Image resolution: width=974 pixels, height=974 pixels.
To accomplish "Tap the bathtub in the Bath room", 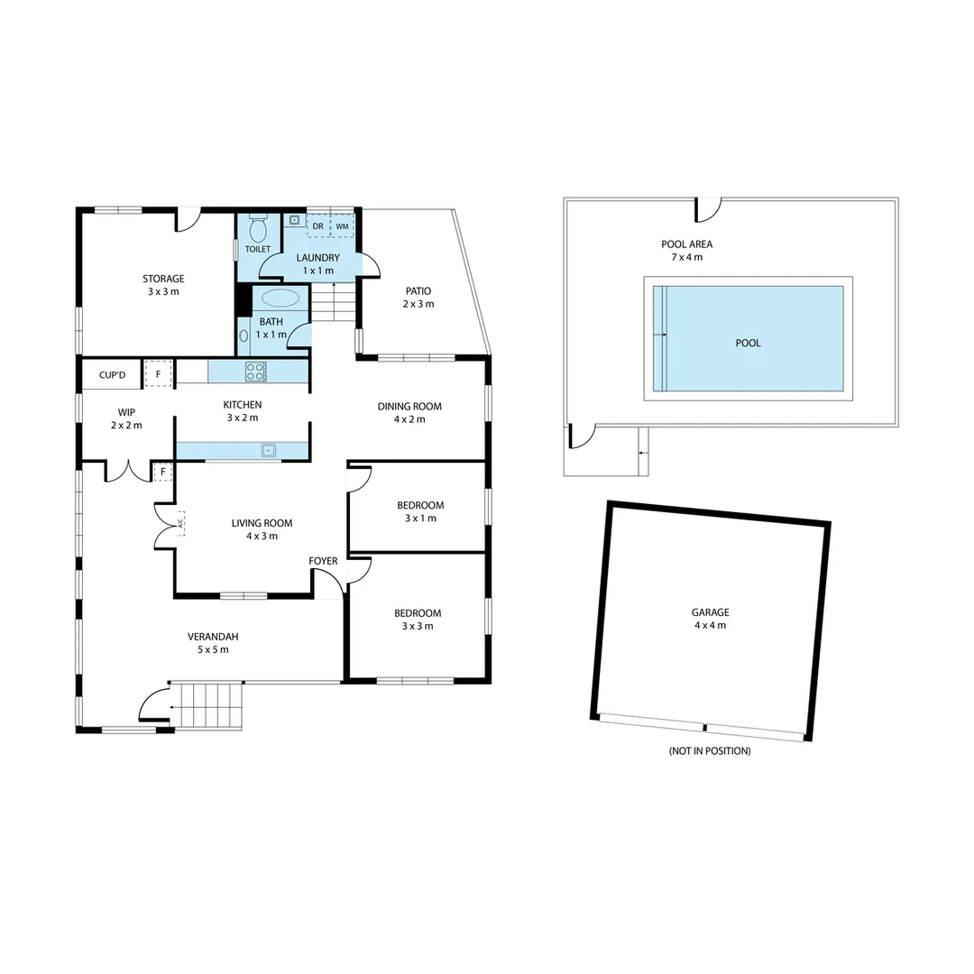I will pyautogui.click(x=281, y=299).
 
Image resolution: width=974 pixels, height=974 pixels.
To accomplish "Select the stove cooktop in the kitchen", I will pyautogui.click(x=255, y=371).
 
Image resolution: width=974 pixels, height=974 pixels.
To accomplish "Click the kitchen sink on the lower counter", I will pyautogui.click(x=267, y=450).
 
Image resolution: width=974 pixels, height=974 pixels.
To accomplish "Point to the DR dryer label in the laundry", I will pyautogui.click(x=318, y=226).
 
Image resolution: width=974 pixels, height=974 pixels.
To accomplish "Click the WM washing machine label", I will pyautogui.click(x=342, y=226).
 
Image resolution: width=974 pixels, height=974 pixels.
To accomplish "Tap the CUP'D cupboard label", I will pyautogui.click(x=113, y=374).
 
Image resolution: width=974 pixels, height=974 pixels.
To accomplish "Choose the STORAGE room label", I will pyautogui.click(x=163, y=279).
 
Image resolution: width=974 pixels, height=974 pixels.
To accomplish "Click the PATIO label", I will pyautogui.click(x=418, y=291).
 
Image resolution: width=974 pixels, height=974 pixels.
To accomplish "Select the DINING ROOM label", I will pyautogui.click(x=409, y=407).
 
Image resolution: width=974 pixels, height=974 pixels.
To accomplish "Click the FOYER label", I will pyautogui.click(x=323, y=561).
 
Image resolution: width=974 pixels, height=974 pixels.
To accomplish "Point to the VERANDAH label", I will pyautogui.click(x=213, y=637).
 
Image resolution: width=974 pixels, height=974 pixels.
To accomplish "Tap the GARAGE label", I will pyautogui.click(x=710, y=612).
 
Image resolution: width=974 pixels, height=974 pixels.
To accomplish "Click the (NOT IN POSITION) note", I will pyautogui.click(x=710, y=751).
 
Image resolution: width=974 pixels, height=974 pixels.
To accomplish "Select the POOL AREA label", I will pyautogui.click(x=686, y=244).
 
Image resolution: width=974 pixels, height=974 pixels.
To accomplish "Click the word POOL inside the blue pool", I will pyautogui.click(x=748, y=344).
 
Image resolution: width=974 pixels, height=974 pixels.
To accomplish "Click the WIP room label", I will pyautogui.click(x=126, y=412).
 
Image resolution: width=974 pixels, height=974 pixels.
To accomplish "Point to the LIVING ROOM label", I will pyautogui.click(x=262, y=523).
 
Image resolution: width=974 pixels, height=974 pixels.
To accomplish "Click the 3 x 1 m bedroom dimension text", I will pyautogui.click(x=420, y=519).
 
